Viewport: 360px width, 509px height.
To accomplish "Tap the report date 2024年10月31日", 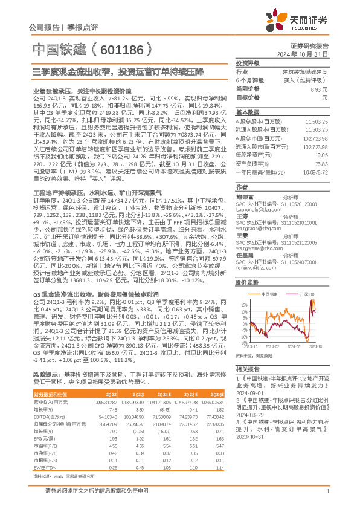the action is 309,54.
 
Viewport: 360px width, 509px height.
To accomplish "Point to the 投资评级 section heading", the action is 247,63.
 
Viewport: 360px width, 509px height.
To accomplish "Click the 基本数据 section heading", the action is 247,113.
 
